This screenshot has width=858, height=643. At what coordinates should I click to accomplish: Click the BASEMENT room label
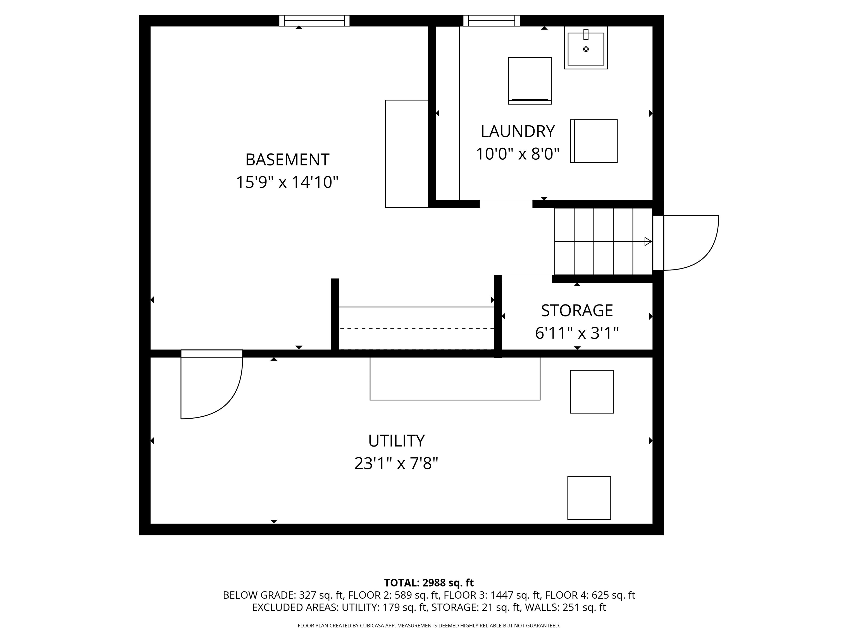[287, 160]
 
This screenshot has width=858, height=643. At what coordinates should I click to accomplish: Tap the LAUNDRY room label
[518, 131]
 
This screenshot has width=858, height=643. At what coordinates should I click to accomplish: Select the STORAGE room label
[577, 310]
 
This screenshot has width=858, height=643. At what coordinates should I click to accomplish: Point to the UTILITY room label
[396, 441]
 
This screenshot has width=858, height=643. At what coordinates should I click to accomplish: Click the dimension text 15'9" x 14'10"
[287, 182]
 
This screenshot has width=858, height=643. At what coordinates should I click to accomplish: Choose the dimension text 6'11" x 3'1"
[577, 333]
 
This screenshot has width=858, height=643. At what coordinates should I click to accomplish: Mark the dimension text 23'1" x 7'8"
[396, 463]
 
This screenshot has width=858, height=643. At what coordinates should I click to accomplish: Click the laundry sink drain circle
[586, 49]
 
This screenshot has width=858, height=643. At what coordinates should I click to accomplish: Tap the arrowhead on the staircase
[647, 241]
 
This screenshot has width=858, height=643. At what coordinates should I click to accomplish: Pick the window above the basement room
[314, 21]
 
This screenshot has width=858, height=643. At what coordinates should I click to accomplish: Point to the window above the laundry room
[492, 21]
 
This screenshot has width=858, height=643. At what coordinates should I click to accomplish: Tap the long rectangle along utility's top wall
[455, 378]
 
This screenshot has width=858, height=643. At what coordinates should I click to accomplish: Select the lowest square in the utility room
[589, 498]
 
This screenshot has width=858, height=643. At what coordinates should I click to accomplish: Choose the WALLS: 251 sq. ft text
[565, 607]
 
